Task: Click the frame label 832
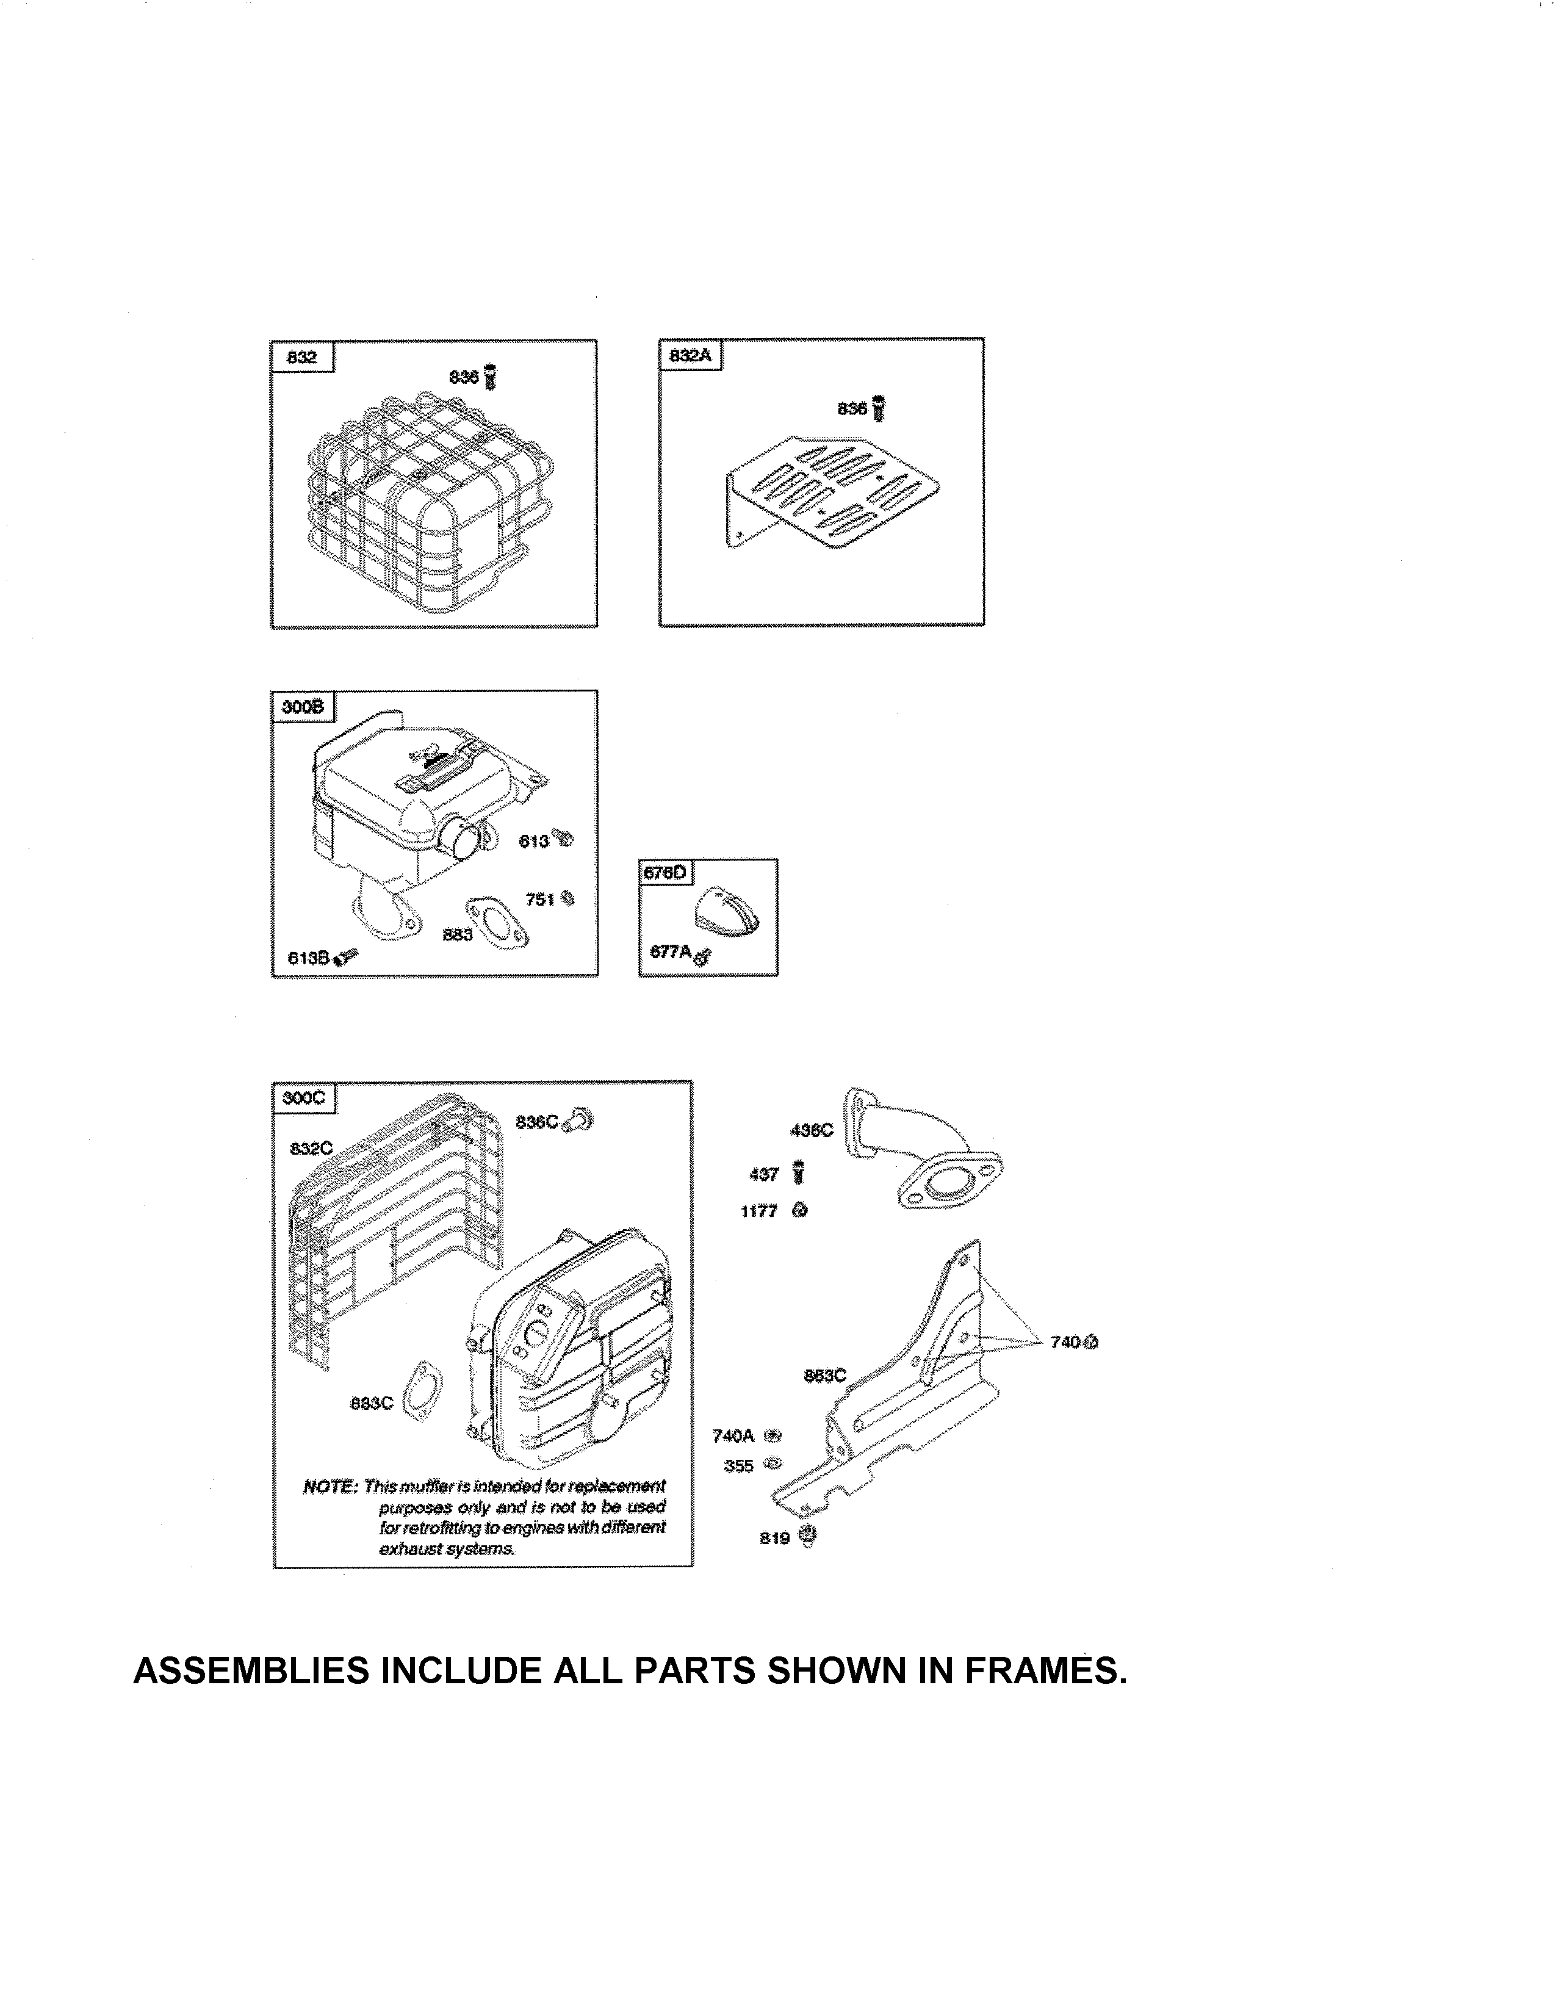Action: pos(301,357)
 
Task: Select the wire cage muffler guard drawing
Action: pos(428,502)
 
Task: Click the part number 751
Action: pos(539,898)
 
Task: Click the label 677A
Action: pos(670,951)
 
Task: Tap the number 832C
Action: pos(311,1148)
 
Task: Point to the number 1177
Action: pos(758,1211)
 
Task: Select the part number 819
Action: pos(774,1538)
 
